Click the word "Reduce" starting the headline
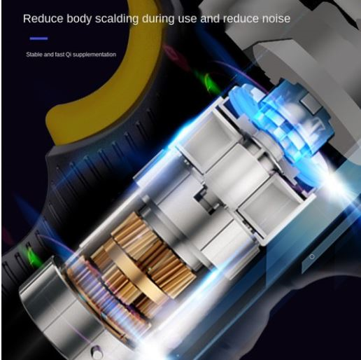(43, 18)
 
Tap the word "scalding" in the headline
(117, 19)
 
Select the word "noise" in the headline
(276, 19)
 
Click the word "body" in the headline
(79, 19)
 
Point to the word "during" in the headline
(158, 19)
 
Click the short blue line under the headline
(38, 39)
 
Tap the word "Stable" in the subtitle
(34, 55)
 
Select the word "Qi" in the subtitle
(69, 55)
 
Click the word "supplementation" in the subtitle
(94, 55)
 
